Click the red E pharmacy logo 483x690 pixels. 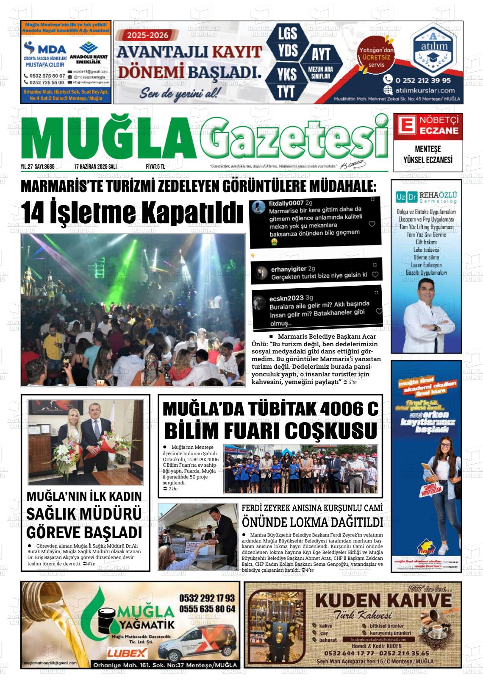pyautogui.click(x=405, y=125)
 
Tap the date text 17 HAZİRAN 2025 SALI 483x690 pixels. pyautogui.click(x=95, y=167)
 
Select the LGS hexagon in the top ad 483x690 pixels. pyautogui.click(x=288, y=33)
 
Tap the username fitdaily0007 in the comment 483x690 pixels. pyautogui.click(x=286, y=203)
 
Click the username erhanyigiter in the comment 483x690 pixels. pyautogui.click(x=289, y=269)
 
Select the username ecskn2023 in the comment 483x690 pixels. pyautogui.click(x=287, y=298)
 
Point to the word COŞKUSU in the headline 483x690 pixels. pyautogui.click(x=330, y=431)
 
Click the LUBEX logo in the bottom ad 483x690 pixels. pyautogui.click(x=127, y=653)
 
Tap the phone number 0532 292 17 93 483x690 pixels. pyautogui.click(x=207, y=598)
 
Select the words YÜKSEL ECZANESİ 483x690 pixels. pyautogui.click(x=427, y=160)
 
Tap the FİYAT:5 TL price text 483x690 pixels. pyautogui.click(x=155, y=167)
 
